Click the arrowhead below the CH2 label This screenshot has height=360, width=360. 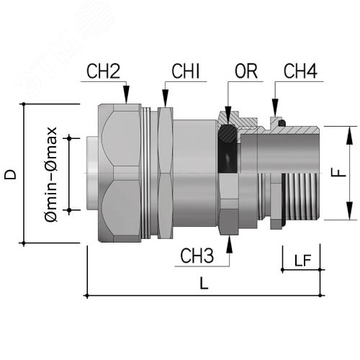[x=127, y=99]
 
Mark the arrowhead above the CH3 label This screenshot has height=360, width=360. [x=230, y=241]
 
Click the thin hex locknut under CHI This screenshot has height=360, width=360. [x=166, y=173]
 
